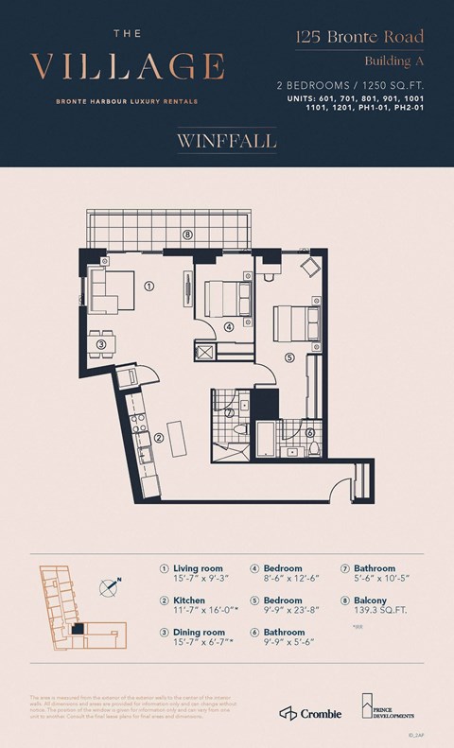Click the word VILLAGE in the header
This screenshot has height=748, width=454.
coord(128,67)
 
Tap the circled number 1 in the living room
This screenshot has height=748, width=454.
coord(148,284)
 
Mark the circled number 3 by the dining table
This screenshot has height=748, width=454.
coord(100,344)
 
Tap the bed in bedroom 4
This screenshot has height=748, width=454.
coord(230,299)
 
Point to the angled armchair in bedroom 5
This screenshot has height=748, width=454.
coord(309,269)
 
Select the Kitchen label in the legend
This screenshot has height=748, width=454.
coord(190,600)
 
